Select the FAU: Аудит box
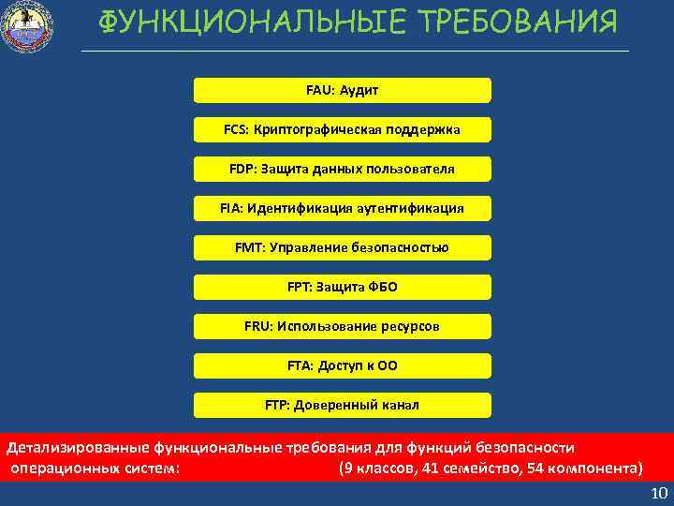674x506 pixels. pyautogui.click(x=342, y=90)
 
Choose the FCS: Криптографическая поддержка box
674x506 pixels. pyautogui.click(x=342, y=129)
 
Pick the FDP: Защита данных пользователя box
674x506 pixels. pyautogui.click(x=342, y=169)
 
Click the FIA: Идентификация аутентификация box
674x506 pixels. pyautogui.click(x=342, y=208)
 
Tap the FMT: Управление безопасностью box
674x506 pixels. pyautogui.click(x=342, y=247)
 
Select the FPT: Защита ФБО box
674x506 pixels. pyautogui.click(x=342, y=287)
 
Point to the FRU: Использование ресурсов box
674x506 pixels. pyautogui.click(x=342, y=326)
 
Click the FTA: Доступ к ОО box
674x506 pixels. pyautogui.click(x=342, y=365)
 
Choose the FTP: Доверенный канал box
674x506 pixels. pyautogui.click(x=342, y=405)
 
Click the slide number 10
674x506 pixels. pyautogui.click(x=658, y=494)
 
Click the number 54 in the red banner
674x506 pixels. pyautogui.click(x=535, y=468)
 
